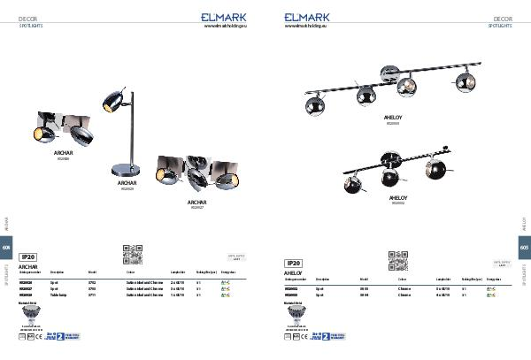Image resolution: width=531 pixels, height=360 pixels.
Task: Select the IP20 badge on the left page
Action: pos(27,256)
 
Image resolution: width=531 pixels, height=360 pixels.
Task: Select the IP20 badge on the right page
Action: pos(293,263)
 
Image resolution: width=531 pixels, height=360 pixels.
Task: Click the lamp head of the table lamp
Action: pos(112,101)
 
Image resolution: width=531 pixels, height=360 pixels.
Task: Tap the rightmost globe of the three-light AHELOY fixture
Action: pos(435,171)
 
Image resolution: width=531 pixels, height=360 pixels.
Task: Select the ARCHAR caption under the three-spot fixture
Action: pos(196,202)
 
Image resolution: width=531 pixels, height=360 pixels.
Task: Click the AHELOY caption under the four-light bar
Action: pos(393,117)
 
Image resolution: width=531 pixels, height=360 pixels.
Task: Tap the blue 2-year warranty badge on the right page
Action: pos(333,336)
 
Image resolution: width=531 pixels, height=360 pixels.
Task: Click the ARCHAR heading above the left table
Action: pos(28,264)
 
